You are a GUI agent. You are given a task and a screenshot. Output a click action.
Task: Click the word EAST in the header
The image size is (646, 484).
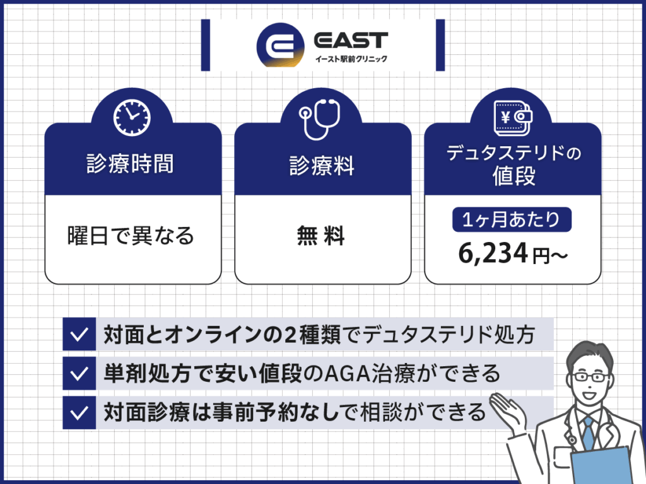pos(351,41)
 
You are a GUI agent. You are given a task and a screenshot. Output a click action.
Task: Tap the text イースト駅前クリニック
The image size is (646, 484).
pos(351,60)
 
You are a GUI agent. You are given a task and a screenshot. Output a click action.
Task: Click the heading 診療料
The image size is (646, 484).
pos(322,166)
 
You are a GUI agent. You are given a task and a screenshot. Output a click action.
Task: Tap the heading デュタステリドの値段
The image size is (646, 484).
pos(513,165)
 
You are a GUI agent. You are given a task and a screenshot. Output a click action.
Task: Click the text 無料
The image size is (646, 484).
pos(322,237)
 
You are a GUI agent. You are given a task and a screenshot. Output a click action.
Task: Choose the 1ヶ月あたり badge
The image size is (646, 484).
pos(512,221)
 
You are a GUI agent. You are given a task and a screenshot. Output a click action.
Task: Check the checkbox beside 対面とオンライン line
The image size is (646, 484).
pos(79,335)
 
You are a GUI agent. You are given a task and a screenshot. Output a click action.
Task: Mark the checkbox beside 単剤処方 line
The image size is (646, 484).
pos(79,373)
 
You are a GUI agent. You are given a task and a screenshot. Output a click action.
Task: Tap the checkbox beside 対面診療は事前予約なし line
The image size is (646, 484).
pos(79,413)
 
